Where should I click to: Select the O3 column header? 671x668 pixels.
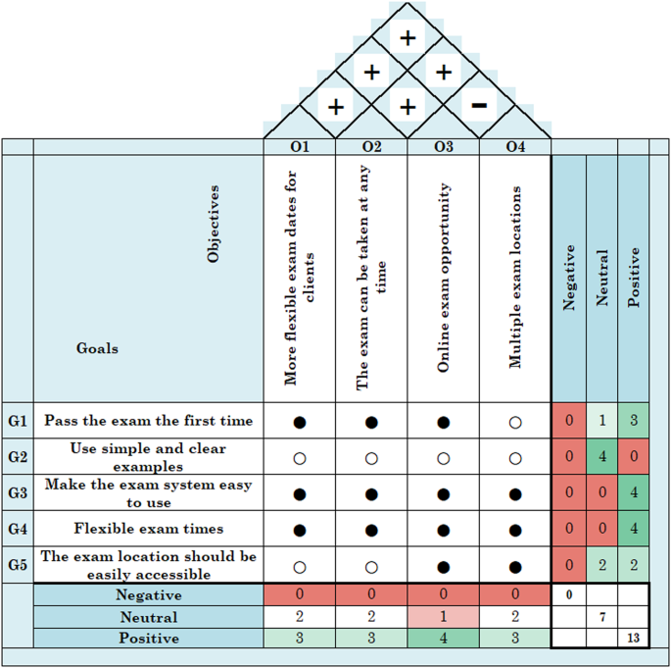pyautogui.click(x=443, y=147)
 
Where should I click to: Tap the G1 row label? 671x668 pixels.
pyautogui.click(x=18, y=422)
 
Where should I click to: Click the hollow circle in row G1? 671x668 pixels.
pyautogui.click(x=515, y=423)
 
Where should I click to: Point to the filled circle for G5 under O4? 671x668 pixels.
pyautogui.click(x=515, y=566)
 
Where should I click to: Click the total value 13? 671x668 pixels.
pyautogui.click(x=634, y=639)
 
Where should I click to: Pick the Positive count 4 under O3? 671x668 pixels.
pyautogui.click(x=443, y=639)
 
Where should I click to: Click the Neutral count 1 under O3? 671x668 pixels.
pyautogui.click(x=443, y=617)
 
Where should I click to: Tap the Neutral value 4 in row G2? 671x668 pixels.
pyautogui.click(x=601, y=457)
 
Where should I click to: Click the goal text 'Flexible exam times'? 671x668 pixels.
pyautogui.click(x=148, y=530)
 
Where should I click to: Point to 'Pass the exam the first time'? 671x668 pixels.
pyautogui.click(x=148, y=422)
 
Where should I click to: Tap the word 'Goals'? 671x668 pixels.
pyautogui.click(x=98, y=348)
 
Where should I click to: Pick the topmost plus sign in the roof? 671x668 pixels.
pyautogui.click(x=407, y=38)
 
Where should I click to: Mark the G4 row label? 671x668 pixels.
pyautogui.click(x=18, y=530)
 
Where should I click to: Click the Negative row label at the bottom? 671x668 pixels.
pyautogui.click(x=148, y=595)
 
